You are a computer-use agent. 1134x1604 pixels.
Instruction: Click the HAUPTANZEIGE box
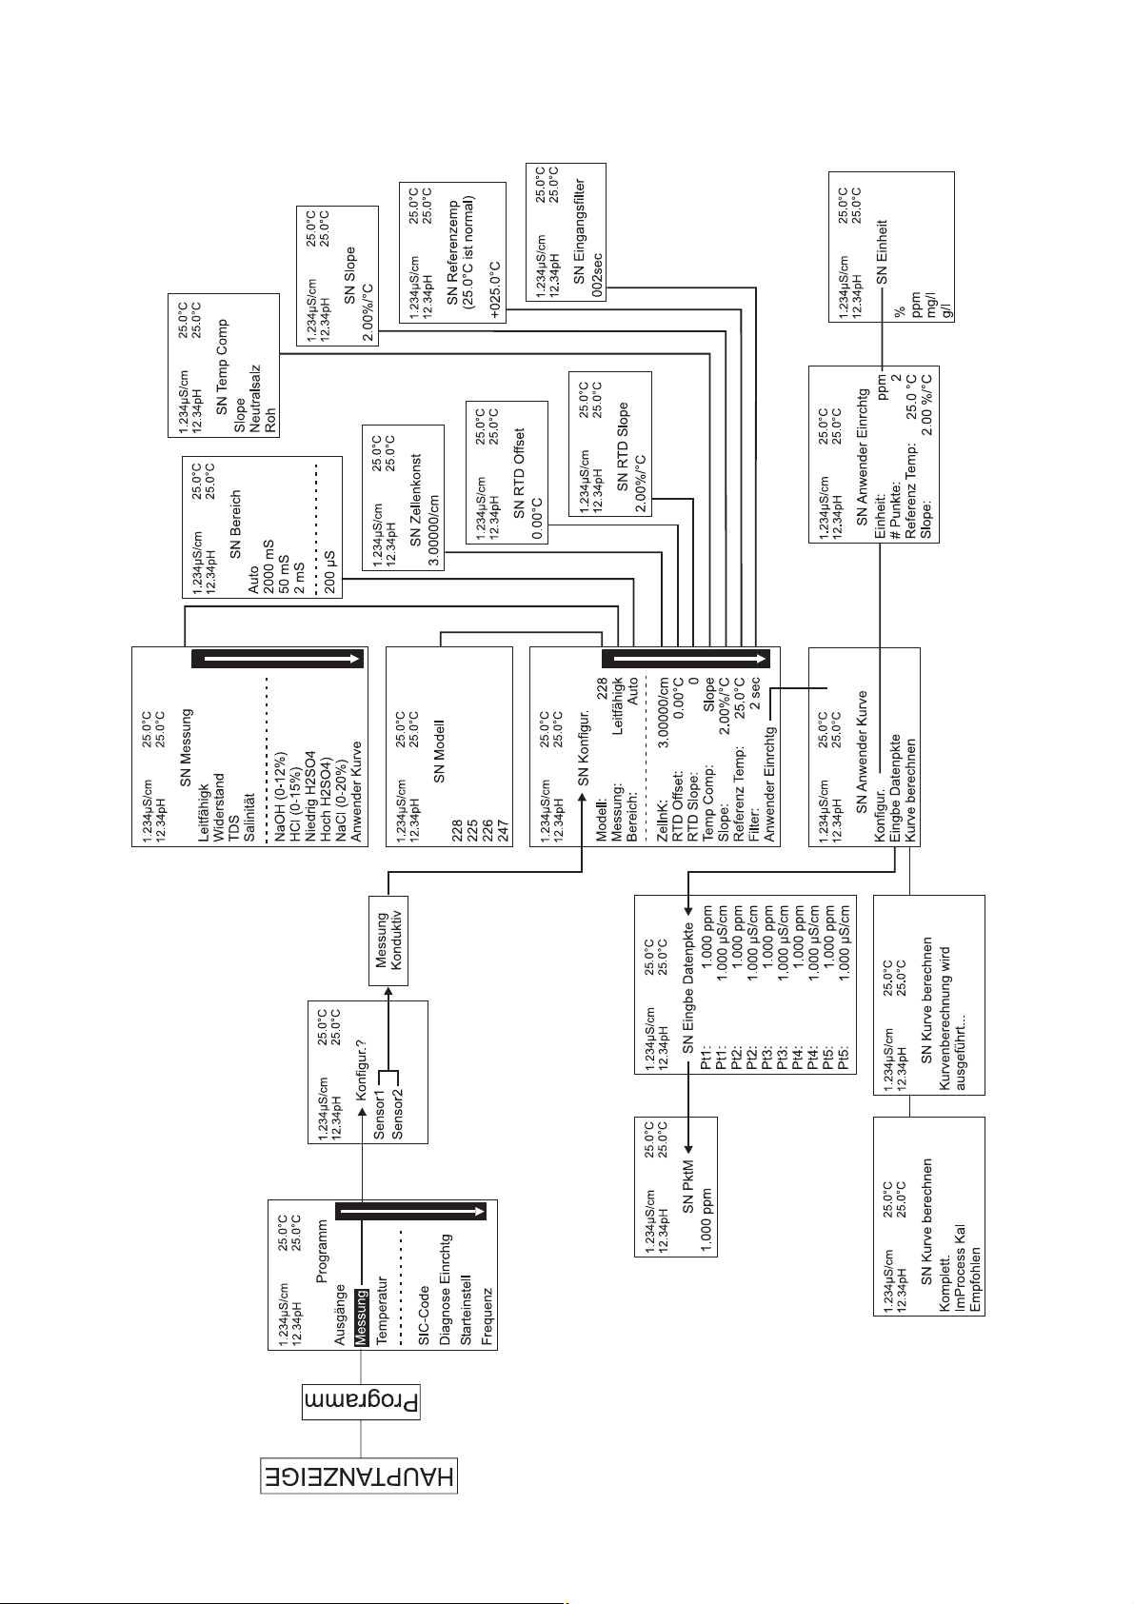pos(360,1478)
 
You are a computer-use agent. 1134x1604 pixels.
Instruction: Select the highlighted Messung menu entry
pos(361,1317)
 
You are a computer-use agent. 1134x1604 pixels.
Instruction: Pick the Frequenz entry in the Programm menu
pos(487,1317)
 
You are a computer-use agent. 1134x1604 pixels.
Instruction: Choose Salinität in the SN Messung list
pos(250,817)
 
